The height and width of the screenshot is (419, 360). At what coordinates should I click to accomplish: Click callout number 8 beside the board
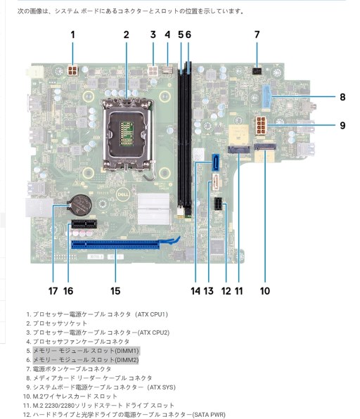click(x=342, y=97)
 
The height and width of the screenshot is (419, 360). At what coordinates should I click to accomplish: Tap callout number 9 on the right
click(x=342, y=125)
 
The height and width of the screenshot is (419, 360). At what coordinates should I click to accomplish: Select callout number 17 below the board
click(x=53, y=291)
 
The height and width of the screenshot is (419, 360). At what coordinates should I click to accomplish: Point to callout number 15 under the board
click(x=115, y=291)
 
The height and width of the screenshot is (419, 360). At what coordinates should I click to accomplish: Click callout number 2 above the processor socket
click(x=126, y=34)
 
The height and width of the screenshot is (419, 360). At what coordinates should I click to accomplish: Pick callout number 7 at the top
click(x=257, y=34)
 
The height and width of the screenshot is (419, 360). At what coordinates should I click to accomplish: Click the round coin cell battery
click(x=79, y=205)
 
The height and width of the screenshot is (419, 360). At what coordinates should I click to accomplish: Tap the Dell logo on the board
click(x=123, y=194)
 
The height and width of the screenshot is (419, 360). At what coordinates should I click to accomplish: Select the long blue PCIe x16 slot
click(x=115, y=245)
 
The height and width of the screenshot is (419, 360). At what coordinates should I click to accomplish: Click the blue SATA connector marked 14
click(x=215, y=162)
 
